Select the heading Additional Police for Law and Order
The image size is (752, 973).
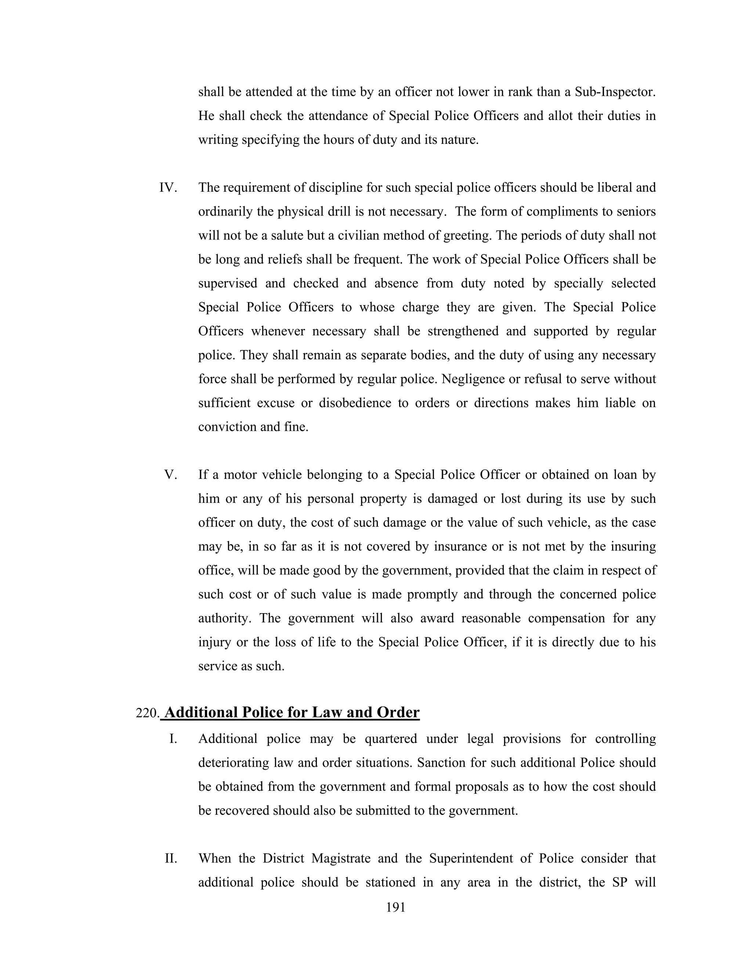tap(292, 712)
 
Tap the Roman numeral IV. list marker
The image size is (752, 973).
tap(168, 188)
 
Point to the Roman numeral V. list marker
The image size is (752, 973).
tap(171, 474)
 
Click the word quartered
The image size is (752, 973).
tap(390, 739)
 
